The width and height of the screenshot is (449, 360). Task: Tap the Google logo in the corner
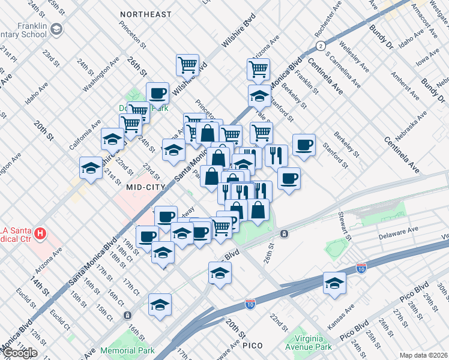[x=19, y=353]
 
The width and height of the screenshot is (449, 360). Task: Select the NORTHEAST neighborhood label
[x=145, y=14]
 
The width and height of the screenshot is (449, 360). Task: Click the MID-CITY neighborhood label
[x=145, y=187]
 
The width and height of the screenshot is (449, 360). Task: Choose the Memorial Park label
[x=127, y=350]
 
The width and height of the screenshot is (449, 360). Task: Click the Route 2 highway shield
[x=322, y=46]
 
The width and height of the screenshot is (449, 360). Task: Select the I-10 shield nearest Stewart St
[x=361, y=268]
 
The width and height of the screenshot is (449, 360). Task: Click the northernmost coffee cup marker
[x=157, y=93]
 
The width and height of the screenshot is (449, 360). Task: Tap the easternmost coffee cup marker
[x=304, y=145]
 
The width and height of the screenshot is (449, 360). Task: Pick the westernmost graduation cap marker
[x=90, y=167]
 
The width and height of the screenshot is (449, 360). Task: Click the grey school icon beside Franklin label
[x=56, y=29]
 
